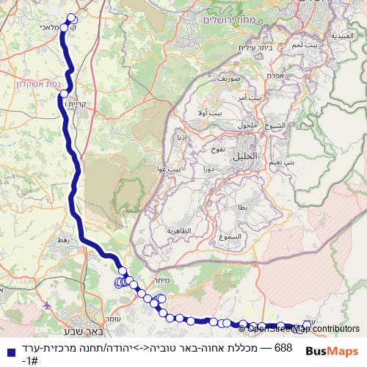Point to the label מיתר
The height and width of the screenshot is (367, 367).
point(162,280)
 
